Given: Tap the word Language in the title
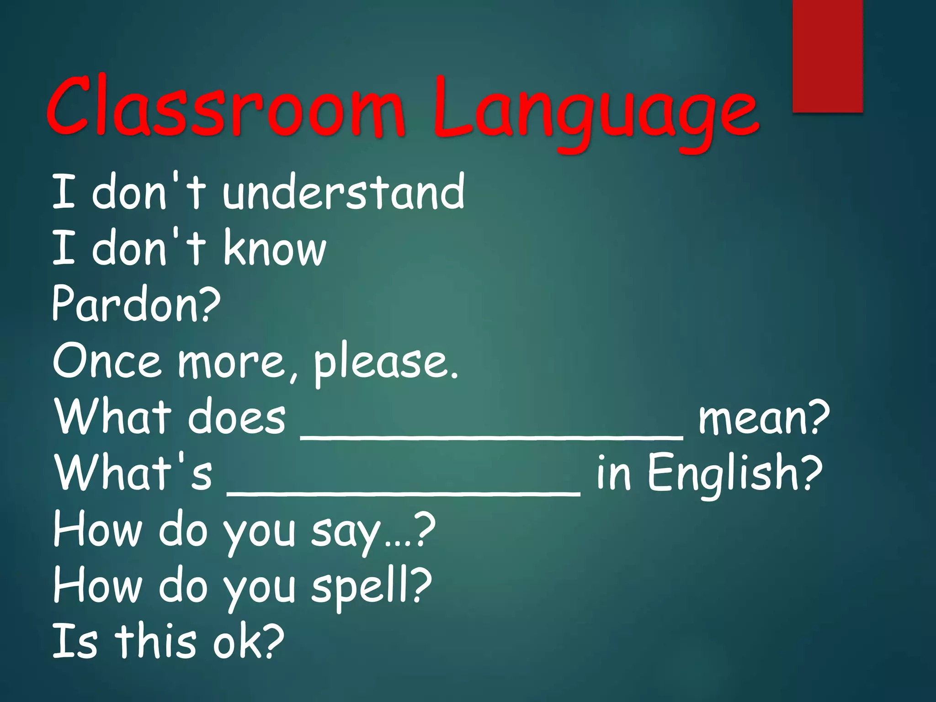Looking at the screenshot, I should (x=594, y=112).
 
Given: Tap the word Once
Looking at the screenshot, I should (x=107, y=361).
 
